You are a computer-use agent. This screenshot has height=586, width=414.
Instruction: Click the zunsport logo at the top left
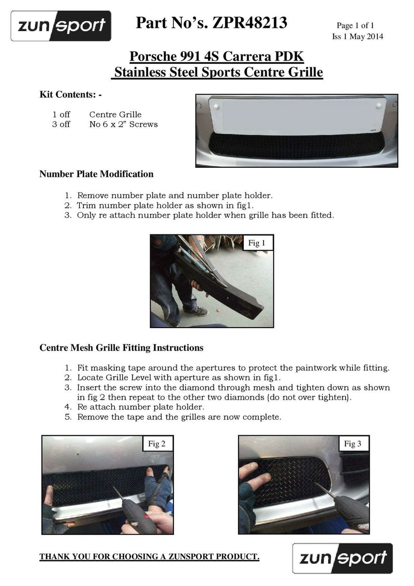click(61, 26)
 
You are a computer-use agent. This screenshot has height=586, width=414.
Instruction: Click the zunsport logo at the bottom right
click(342, 558)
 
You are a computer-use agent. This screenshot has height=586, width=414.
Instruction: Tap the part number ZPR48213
click(249, 23)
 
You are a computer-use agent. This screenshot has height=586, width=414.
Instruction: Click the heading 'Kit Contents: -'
click(71, 95)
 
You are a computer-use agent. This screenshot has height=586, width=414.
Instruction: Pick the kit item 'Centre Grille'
click(115, 114)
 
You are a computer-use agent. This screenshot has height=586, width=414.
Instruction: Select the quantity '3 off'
click(61, 124)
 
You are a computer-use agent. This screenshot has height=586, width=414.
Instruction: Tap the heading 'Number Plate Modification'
click(96, 174)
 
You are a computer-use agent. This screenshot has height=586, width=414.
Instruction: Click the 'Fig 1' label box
click(257, 243)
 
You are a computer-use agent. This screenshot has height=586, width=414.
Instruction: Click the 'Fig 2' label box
click(157, 444)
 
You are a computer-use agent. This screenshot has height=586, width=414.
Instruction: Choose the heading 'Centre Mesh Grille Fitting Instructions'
click(121, 347)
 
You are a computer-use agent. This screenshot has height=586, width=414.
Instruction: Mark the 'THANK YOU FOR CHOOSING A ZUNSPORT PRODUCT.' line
click(150, 557)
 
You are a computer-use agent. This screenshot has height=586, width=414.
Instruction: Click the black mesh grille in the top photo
click(295, 146)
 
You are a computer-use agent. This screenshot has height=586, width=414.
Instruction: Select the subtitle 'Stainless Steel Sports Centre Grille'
click(218, 72)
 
